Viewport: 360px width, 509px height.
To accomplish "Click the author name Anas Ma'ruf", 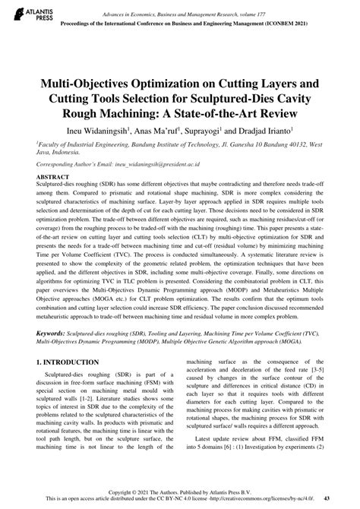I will point(157,131).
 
